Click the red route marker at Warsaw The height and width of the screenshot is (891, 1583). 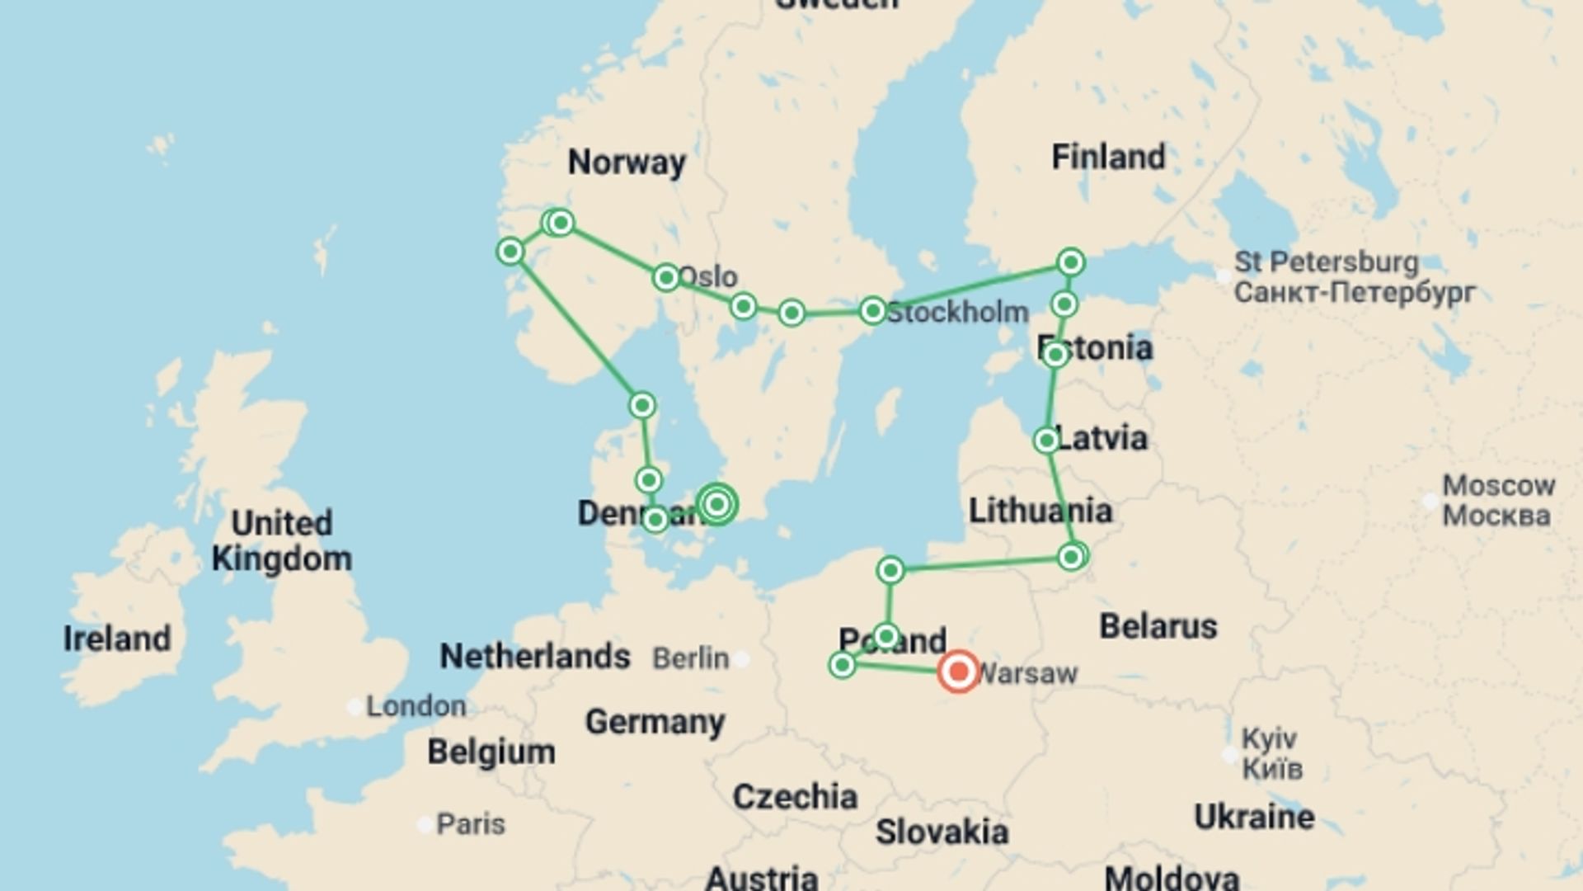click(x=958, y=672)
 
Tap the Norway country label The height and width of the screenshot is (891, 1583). click(x=627, y=163)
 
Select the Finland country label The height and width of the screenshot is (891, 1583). click(x=1108, y=157)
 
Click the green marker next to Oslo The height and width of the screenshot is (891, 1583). click(x=666, y=277)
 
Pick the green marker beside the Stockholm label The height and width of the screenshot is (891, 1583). click(x=872, y=311)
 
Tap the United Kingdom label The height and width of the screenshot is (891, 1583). click(x=282, y=541)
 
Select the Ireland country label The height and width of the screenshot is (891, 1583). click(x=117, y=639)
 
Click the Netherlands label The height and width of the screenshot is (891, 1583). click(x=535, y=657)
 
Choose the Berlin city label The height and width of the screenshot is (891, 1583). click(x=691, y=658)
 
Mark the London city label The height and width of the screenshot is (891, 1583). click(x=416, y=706)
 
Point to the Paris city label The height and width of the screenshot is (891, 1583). click(x=470, y=823)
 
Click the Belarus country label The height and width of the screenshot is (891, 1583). click(x=1158, y=627)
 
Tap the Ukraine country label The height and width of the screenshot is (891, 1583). click(x=1254, y=817)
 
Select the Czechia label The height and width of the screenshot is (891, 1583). click(x=795, y=797)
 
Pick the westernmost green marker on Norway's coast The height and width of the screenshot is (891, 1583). click(x=510, y=251)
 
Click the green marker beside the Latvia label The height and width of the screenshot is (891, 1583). click(x=1046, y=441)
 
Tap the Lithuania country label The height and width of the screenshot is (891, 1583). click(x=1040, y=511)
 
